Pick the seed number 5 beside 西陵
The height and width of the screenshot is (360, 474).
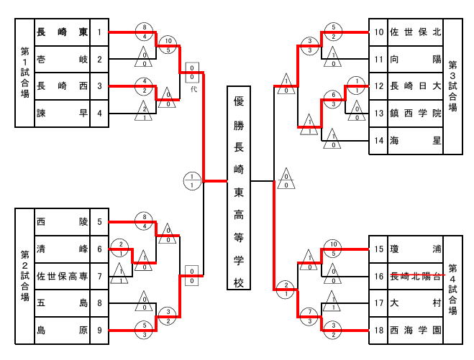click(x=100, y=222)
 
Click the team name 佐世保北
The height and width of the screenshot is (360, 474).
click(x=415, y=32)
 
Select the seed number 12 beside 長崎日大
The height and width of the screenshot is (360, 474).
click(x=378, y=86)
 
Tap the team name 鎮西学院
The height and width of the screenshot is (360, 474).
click(x=415, y=113)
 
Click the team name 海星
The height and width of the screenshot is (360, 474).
click(x=415, y=139)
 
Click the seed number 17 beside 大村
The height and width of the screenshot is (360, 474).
click(x=378, y=303)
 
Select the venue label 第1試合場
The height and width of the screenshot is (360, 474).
click(x=24, y=73)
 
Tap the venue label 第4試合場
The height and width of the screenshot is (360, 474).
click(x=452, y=290)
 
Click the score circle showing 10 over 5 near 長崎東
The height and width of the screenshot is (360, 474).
click(x=168, y=45)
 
